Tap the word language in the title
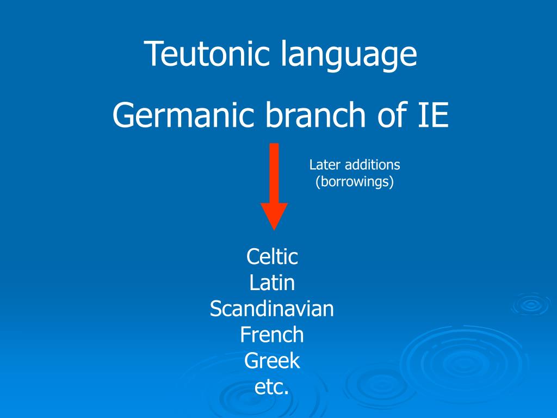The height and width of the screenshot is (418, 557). pyautogui.click(x=349, y=56)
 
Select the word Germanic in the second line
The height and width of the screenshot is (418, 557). pyautogui.click(x=184, y=115)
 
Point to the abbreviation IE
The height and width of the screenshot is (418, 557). pyautogui.click(x=434, y=115)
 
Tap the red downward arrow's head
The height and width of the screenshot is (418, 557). pyautogui.click(x=274, y=215)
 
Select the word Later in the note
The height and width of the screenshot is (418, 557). pyautogui.click(x=324, y=164)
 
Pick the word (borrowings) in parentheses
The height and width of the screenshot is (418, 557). pyautogui.click(x=355, y=181)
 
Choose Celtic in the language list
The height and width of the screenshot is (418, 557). pyautogui.click(x=272, y=256)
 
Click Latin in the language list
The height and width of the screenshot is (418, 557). pyautogui.click(x=272, y=282)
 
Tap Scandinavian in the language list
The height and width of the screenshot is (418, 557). pyautogui.click(x=272, y=309)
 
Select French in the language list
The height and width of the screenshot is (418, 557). pyautogui.click(x=272, y=334)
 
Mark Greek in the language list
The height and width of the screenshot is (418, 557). pyautogui.click(x=272, y=360)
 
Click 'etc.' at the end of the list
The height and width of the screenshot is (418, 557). pyautogui.click(x=272, y=387)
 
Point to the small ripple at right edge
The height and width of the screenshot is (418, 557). pyautogui.click(x=530, y=305)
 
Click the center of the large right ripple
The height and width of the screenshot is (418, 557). pyautogui.click(x=462, y=362)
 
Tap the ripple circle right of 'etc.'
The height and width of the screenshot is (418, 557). pyautogui.click(x=381, y=384)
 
